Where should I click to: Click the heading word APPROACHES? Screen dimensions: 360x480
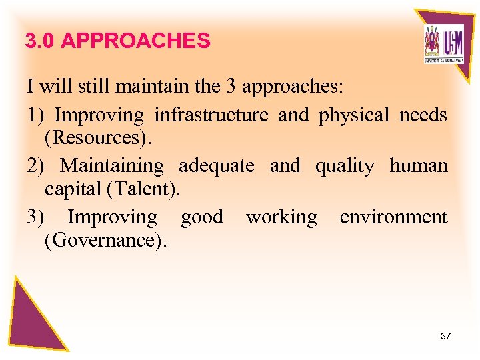pos(135,41)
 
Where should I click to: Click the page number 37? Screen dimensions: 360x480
pos(446,336)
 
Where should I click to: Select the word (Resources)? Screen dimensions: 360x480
pos(99,138)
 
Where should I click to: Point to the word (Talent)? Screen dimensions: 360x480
pos(143,189)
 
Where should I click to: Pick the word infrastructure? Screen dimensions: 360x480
pos(211,115)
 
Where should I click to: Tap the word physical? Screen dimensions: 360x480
pos(353,115)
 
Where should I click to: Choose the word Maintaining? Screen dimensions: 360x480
pos(112,165)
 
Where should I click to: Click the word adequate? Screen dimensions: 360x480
pos(216,165)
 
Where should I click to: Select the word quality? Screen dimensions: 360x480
pos(345,166)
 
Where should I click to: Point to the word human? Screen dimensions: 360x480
pos(419,165)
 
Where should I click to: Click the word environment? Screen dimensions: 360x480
pos(393,217)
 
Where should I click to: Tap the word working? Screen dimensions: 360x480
pos(281,217)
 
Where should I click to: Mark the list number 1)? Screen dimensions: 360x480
pos(35,115)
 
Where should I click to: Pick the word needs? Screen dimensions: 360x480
pos(423,115)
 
